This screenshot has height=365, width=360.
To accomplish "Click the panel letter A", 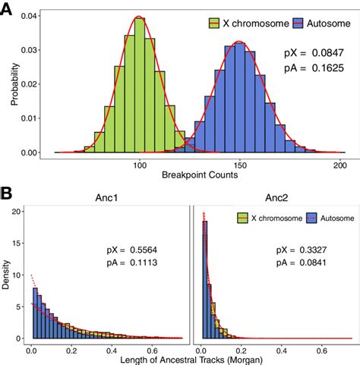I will pyautogui.click(x=10, y=10).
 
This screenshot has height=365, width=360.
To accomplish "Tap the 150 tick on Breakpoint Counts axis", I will pyautogui.click(x=240, y=165).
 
